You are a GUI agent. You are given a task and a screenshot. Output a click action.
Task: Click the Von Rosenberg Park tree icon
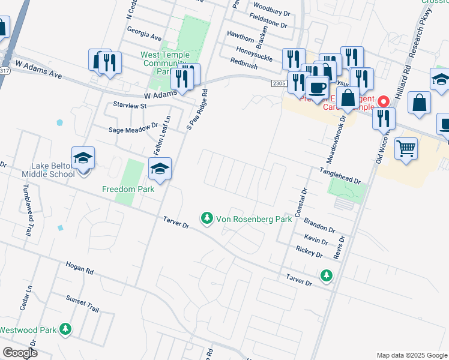207,218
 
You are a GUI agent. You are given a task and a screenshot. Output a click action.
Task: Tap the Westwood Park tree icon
66,329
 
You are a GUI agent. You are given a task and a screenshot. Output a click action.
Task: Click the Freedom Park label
128,189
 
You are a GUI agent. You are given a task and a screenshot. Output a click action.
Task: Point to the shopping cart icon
407,149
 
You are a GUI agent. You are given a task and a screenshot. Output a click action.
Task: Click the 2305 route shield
277,83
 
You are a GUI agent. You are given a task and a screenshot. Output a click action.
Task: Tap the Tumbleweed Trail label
28,209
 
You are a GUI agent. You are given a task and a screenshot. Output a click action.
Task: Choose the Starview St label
130,105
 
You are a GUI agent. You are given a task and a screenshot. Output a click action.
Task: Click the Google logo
20,353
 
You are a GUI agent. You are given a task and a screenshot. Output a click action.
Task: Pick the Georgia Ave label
145,37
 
